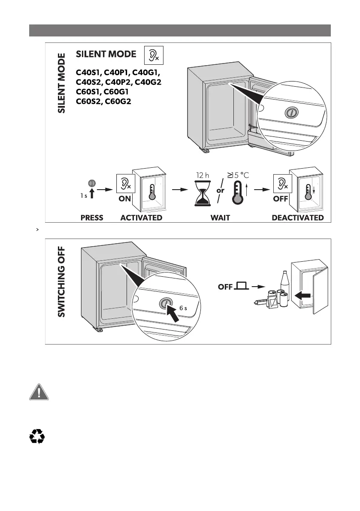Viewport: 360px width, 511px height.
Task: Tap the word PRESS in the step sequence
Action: click(x=92, y=218)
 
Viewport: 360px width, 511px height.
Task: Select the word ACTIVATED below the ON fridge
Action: click(x=141, y=218)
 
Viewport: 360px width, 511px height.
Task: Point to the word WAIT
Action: click(x=220, y=218)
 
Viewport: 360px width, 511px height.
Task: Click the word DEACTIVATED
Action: click(x=298, y=218)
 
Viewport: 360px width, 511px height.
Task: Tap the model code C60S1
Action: click(x=88, y=91)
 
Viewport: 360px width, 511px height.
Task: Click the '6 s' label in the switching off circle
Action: click(x=183, y=308)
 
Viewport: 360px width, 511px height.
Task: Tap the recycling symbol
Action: click(x=37, y=437)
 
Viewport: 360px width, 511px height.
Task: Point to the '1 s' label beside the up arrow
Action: click(x=84, y=195)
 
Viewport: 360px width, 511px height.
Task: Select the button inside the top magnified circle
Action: click(x=290, y=113)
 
